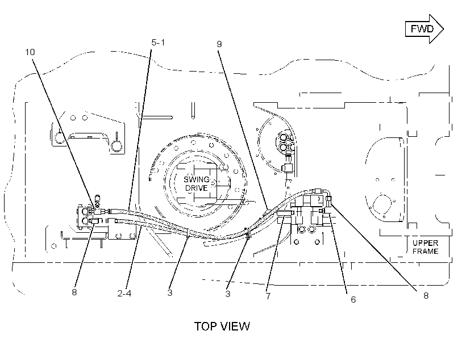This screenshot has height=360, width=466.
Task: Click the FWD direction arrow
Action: pos(425,29)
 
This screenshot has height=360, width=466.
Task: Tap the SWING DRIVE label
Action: pos(197,183)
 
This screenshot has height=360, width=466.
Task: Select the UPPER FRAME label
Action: pos(425,247)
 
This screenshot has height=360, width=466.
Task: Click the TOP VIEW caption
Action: pos(222,326)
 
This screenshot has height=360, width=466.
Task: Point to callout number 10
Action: pos(30,52)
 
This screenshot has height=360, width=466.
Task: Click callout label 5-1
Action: pos(158,43)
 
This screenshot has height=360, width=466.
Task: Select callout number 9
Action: pos(219,44)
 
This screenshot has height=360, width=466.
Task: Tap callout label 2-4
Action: pos(124,294)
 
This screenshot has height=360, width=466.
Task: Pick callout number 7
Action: pos(268,296)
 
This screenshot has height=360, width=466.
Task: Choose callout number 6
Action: pos(353,299)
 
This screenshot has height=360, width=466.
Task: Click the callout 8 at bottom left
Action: pos(74,292)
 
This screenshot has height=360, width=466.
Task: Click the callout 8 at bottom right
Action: pos(426,295)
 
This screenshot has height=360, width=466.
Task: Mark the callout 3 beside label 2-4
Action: pos(170,293)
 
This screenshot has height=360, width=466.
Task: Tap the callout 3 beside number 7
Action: pos(228,294)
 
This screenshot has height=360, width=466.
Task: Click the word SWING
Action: pos(197,179)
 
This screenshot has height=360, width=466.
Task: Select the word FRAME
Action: pos(425,252)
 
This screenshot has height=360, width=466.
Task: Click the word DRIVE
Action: pos(197,188)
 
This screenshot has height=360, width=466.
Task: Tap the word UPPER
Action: pos(425,242)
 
